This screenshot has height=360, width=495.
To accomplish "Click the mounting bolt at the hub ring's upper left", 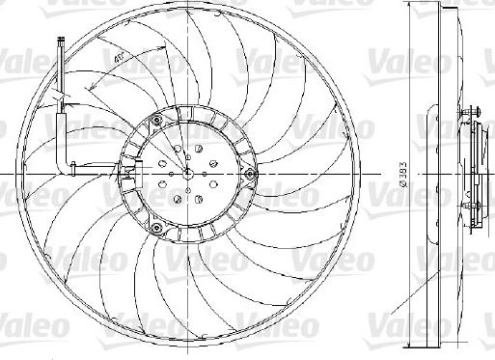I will pos(153,122).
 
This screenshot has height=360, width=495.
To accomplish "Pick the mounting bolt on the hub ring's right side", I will pos(250,174).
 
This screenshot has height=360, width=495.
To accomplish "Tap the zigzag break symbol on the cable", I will pos(61,97).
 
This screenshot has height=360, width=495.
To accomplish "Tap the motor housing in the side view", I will pos(474,174).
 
